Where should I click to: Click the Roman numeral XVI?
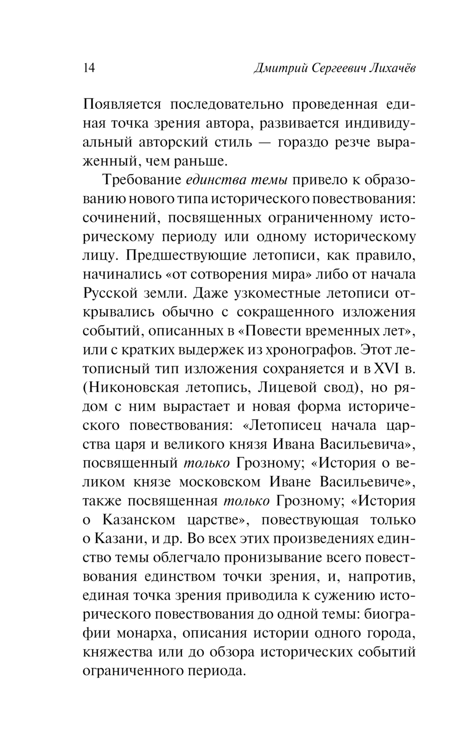click(386, 369)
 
